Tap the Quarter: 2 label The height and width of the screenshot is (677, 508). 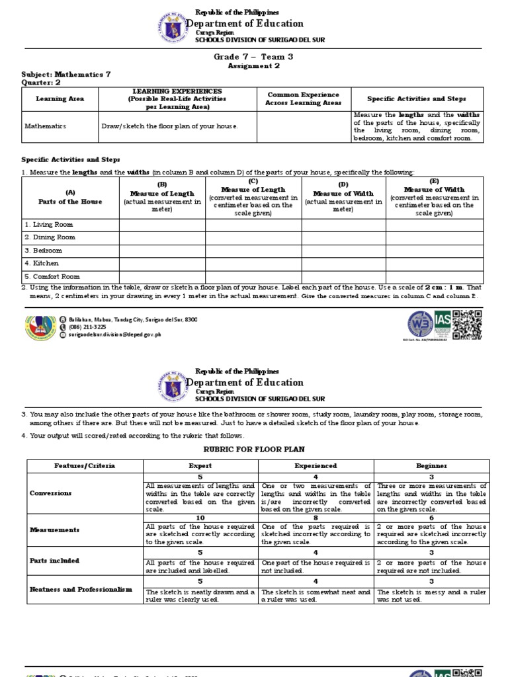point(41,83)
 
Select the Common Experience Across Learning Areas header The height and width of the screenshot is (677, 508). point(303,99)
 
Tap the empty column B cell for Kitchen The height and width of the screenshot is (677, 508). point(162,264)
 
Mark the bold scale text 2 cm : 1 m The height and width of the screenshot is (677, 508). point(444,288)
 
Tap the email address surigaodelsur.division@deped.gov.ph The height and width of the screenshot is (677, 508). point(114,335)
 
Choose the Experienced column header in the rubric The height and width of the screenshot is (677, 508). point(316,466)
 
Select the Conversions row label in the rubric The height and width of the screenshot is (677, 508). point(52,493)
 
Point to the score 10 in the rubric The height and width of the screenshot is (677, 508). point(200,518)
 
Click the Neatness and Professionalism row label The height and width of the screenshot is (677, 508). point(81,588)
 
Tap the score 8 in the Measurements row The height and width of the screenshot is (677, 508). point(316,518)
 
